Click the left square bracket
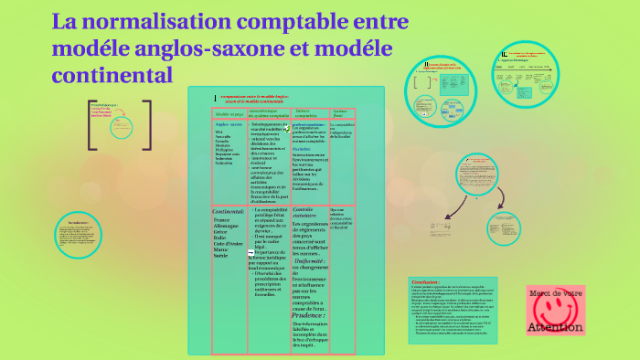click(92, 124)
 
